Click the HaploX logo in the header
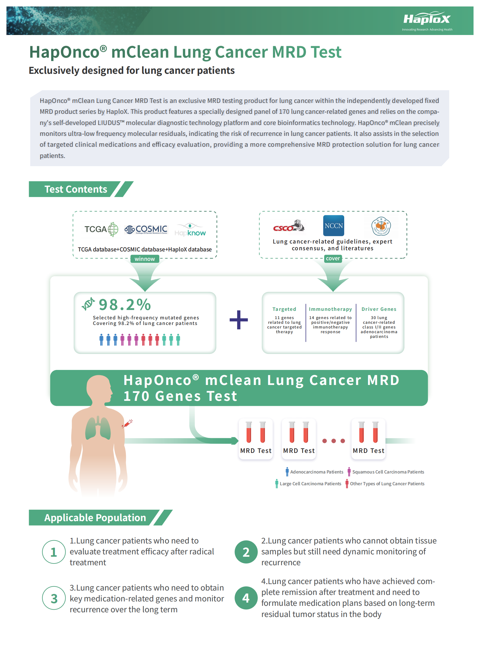point(427,19)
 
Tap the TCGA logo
point(101,229)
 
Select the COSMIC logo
point(146,229)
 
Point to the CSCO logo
point(288,226)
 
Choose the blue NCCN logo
point(334,226)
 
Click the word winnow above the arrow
point(145,259)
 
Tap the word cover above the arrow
point(333,258)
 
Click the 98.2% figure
point(125,305)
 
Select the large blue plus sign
point(239,320)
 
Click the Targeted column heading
point(284,309)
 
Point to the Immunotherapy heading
point(330,309)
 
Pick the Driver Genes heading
point(379,309)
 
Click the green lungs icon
point(98,428)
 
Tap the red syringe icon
point(128,423)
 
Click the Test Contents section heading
point(76,189)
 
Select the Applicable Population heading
point(95,518)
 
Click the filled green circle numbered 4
point(246,598)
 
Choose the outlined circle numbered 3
point(54,598)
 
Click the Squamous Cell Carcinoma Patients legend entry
point(388,472)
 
